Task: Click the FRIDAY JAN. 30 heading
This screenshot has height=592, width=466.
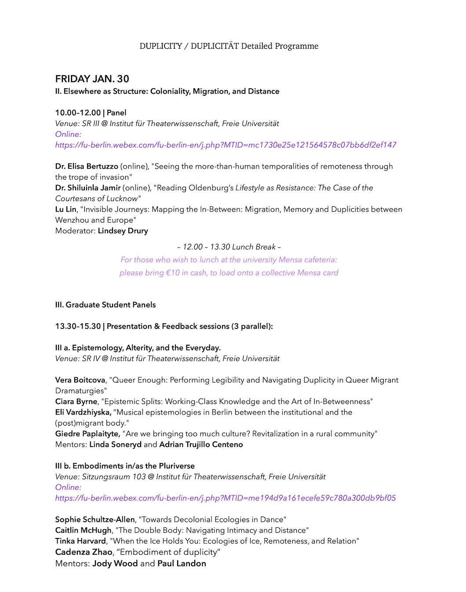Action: click(x=92, y=79)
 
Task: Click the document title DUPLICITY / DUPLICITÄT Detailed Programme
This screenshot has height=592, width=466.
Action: click(x=229, y=46)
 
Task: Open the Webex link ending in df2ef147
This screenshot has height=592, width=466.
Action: click(x=226, y=145)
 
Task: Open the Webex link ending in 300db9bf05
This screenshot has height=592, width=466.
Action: click(x=225, y=498)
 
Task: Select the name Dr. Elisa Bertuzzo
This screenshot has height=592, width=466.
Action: click(x=87, y=166)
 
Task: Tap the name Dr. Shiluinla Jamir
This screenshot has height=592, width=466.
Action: click(x=88, y=188)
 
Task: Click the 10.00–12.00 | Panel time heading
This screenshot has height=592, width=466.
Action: click(x=91, y=113)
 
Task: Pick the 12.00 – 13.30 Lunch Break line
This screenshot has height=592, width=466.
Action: click(x=229, y=247)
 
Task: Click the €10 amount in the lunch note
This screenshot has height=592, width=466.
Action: click(x=173, y=273)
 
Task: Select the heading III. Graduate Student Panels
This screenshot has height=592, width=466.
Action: click(x=105, y=305)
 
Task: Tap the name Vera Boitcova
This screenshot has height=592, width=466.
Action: click(x=80, y=380)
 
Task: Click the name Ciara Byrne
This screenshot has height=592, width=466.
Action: click(x=76, y=402)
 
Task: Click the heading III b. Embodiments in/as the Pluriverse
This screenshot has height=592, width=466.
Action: click(x=125, y=466)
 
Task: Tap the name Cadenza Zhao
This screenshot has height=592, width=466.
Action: click(x=84, y=552)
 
